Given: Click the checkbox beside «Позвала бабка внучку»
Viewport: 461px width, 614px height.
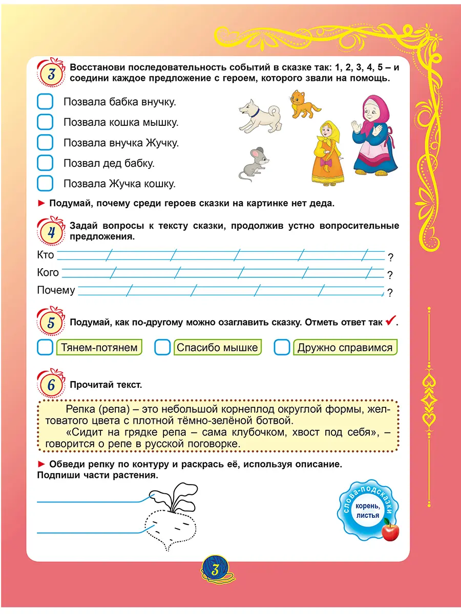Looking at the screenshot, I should pos(45,102).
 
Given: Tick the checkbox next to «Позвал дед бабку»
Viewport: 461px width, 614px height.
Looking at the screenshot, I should pos(45,163).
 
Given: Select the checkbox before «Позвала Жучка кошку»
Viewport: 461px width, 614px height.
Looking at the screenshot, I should pos(45,183).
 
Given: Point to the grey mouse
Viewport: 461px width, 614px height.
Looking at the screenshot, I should pos(255,164).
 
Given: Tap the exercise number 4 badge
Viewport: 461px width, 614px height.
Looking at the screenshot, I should pos(50,232).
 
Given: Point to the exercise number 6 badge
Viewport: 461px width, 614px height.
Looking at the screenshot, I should pos(50,385).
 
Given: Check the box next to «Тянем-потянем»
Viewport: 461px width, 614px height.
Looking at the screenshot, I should pos(45,348).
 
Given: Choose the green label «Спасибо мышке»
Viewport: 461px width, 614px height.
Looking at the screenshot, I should pos(217,348).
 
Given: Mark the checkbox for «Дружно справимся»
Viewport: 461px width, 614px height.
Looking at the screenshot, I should pos(282,348).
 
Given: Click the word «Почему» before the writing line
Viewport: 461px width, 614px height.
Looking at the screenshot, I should pos(56,290).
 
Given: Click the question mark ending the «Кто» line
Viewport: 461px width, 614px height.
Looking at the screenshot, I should pos(390,258).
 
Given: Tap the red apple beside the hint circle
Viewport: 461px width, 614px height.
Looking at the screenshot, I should pos(390,531).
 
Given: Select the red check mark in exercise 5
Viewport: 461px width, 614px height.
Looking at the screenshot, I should pos(390,321).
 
